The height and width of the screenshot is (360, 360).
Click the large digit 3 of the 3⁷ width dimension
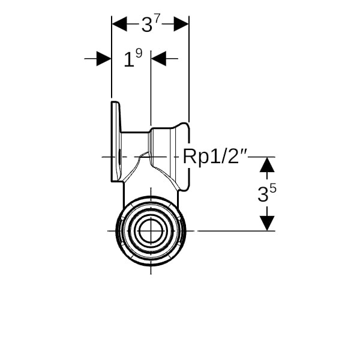point(147,25)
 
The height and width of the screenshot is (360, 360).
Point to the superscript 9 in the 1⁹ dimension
point(138,53)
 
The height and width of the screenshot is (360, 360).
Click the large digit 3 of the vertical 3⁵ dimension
point(263,195)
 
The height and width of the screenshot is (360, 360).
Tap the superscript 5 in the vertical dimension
point(273,188)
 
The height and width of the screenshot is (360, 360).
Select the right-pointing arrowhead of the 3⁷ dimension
point(181,24)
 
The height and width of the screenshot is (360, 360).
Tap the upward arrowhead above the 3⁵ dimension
point(267,164)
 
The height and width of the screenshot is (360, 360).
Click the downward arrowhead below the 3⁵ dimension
point(267,223)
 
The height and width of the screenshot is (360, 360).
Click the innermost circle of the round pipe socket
point(150,230)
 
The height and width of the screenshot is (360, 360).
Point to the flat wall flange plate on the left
point(115,142)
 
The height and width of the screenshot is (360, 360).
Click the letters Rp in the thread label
point(194,158)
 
